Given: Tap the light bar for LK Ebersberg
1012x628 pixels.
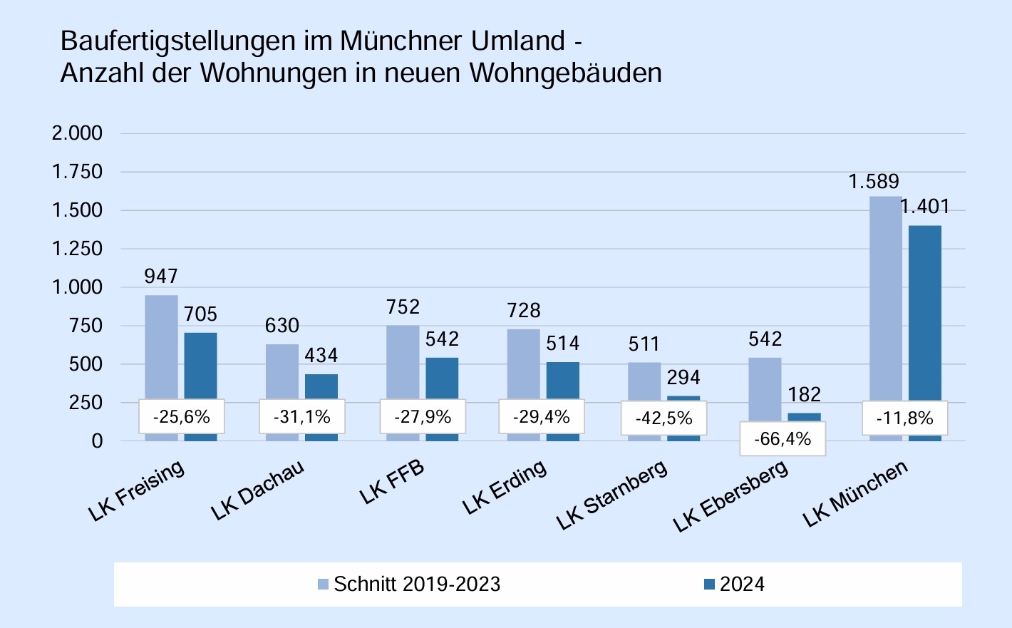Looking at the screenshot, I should tap(765, 388).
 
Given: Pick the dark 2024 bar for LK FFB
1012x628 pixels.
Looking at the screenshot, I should tap(442, 378).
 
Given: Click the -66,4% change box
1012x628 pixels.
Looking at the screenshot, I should tap(783, 438).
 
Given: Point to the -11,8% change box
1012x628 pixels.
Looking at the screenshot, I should tap(904, 418).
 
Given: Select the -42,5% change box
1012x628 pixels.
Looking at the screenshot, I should tap(664, 418).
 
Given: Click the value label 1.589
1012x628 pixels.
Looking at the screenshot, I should tap(874, 182).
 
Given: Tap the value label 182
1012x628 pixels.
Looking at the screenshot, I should tap(804, 394).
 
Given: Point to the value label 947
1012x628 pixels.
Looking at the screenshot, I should tap(161, 276).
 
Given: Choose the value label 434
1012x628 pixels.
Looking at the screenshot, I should tap(321, 355).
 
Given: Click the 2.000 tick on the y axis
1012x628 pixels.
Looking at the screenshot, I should tap(77, 133).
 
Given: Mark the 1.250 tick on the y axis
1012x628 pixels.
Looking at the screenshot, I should tap(77, 249).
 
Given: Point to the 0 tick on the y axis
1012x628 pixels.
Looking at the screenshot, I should tap(97, 441).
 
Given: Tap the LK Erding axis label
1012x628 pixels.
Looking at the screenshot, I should tap(505, 488).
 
